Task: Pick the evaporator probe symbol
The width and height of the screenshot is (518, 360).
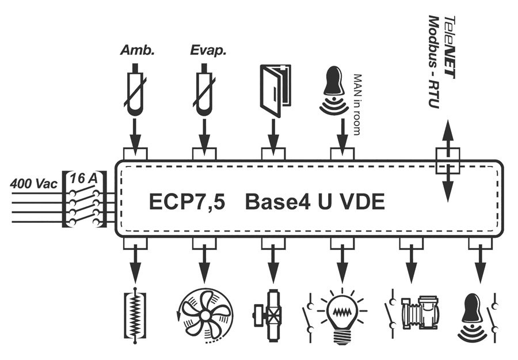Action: coord(204,92)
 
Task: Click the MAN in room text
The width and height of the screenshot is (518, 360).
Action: coord(357,104)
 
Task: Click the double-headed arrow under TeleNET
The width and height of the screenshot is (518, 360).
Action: coord(448,161)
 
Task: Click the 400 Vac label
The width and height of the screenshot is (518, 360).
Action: coord(33,185)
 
